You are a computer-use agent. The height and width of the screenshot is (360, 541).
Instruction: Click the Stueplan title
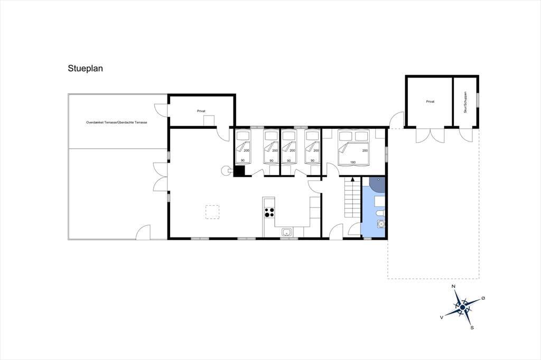85,69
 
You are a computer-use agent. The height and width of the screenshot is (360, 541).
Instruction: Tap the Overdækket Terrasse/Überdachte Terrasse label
117,122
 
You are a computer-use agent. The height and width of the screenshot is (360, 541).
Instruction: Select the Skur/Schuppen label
465,102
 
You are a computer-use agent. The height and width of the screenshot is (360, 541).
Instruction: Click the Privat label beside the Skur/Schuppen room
430,102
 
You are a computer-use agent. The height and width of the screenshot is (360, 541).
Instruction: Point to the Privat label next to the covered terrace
201,111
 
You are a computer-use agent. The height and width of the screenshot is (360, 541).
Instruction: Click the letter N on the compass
454,287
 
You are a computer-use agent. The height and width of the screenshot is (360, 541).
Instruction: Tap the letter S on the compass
472,328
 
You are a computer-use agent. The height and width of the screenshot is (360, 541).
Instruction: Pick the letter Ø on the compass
483,298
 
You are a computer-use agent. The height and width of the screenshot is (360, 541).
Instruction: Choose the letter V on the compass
442,318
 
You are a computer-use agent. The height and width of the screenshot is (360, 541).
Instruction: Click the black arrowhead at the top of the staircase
352,179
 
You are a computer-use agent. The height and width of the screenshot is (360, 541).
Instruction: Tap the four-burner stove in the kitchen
269,212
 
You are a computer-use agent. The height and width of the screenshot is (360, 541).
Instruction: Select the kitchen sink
286,232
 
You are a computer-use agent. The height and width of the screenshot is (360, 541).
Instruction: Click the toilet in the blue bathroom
380,213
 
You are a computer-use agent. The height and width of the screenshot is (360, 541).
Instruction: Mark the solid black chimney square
239,171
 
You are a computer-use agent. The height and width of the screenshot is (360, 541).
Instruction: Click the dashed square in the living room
212,212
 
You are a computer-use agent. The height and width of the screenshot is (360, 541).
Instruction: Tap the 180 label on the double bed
353,163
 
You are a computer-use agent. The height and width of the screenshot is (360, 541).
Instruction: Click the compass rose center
462,307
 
